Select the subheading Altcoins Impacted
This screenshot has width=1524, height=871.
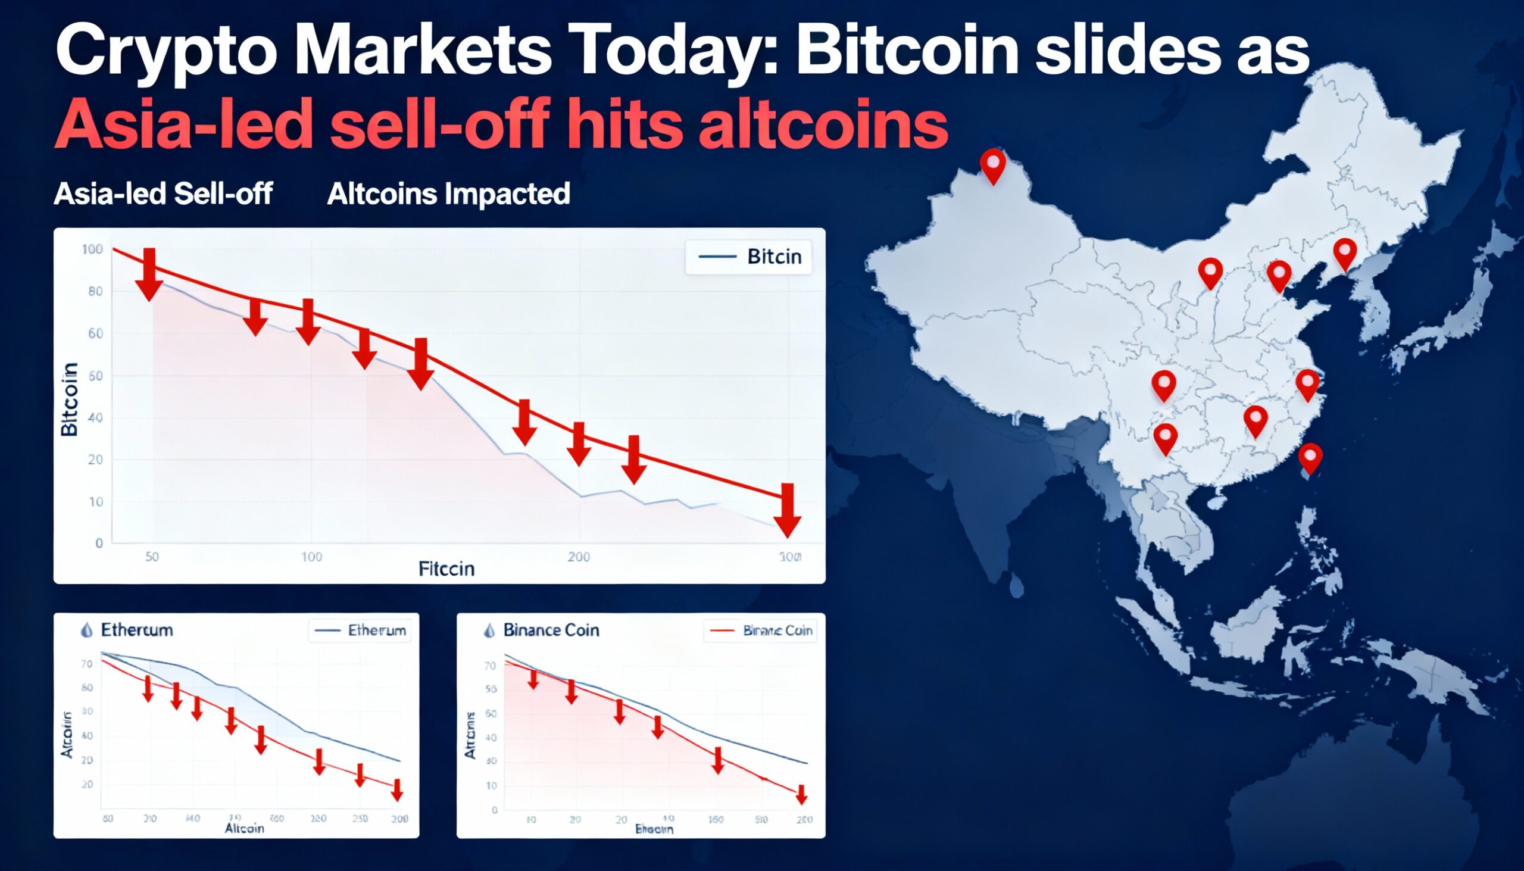[x=448, y=194]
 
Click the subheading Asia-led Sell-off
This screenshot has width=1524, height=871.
[x=163, y=194]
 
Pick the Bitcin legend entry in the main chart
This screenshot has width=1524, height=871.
[x=748, y=257]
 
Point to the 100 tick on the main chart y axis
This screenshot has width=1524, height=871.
[x=92, y=249]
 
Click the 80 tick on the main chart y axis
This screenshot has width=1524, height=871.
[x=96, y=291]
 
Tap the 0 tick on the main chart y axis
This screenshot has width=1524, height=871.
[x=99, y=543]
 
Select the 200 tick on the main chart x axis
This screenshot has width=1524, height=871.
[x=579, y=557]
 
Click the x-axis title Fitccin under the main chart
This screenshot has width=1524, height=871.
[x=446, y=569]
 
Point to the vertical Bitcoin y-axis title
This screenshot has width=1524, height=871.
[x=70, y=399]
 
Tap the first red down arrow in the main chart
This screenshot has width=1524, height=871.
[x=149, y=273]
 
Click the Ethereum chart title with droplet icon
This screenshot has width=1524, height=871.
[x=127, y=630]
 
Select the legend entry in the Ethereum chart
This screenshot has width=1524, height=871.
[x=360, y=630]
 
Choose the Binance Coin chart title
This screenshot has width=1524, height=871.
[x=542, y=630]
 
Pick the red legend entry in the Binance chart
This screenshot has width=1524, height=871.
[x=760, y=630]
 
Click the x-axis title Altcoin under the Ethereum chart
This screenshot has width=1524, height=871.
[x=244, y=829]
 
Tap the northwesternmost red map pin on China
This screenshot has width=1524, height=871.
[x=993, y=165]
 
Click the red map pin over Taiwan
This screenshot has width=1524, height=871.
[x=1310, y=457]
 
